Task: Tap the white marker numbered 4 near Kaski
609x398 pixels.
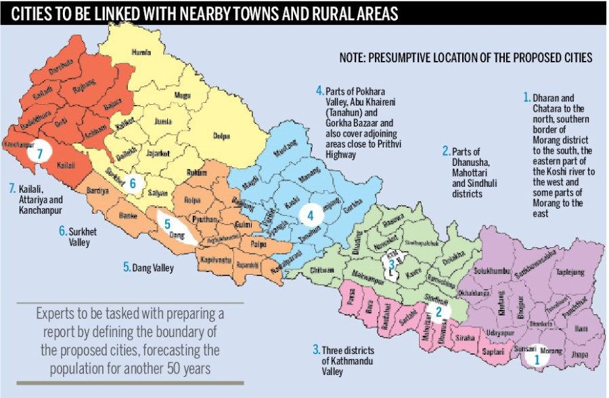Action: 310,216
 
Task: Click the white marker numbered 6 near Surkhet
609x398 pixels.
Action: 134,183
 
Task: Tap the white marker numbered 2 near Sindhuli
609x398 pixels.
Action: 438,312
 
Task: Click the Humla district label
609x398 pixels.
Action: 140,51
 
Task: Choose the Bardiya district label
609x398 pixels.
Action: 97,192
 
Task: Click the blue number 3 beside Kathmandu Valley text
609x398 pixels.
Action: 316,349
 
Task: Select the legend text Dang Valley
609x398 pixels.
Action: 152,268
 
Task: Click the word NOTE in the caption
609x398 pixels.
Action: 354,58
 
